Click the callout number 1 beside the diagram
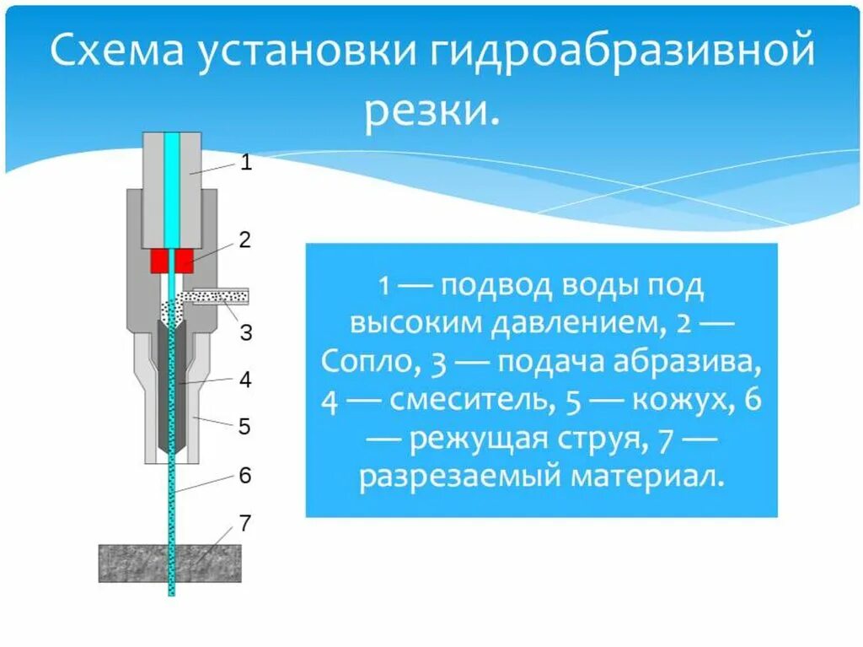click(246, 163)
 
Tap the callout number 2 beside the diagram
click(244, 240)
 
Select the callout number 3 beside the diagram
click(245, 332)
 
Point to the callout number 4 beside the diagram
click(244, 380)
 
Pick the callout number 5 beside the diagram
click(244, 426)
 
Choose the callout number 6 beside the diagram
click(244, 475)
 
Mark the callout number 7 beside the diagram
click(244, 523)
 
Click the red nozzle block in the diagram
click(172, 261)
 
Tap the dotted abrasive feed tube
click(217, 296)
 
